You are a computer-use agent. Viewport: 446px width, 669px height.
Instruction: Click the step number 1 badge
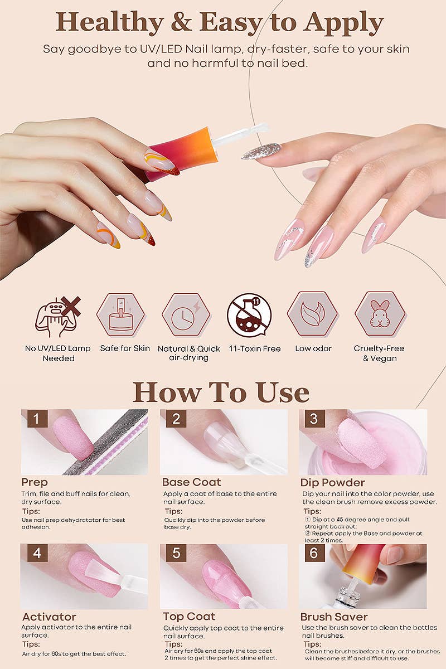[37, 419]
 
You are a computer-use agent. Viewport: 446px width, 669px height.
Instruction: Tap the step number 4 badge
[37, 553]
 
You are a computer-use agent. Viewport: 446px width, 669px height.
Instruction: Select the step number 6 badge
[314, 553]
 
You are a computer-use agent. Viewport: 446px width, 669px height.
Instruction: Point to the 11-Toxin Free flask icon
[249, 315]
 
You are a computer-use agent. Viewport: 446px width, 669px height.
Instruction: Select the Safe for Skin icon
[121, 315]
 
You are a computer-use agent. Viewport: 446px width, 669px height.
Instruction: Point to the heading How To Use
[221, 392]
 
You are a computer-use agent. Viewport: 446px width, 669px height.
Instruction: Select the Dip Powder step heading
[333, 482]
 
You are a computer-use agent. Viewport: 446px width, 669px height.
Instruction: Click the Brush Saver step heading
[334, 617]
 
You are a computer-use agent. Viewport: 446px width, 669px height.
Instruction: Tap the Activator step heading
[49, 617]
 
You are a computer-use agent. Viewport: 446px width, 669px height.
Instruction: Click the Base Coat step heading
[191, 482]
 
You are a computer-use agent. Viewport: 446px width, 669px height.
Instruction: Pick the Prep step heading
[35, 482]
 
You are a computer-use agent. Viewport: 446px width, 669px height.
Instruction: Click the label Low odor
[313, 348]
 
